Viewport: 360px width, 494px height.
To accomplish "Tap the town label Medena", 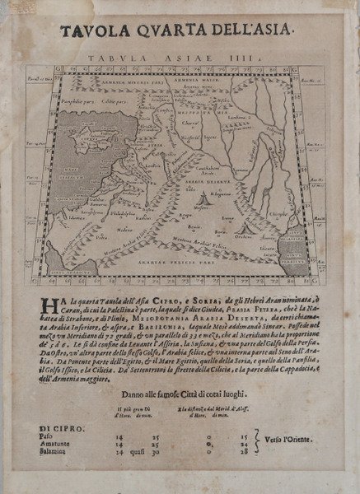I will pyautogui.click(x=103, y=231).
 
